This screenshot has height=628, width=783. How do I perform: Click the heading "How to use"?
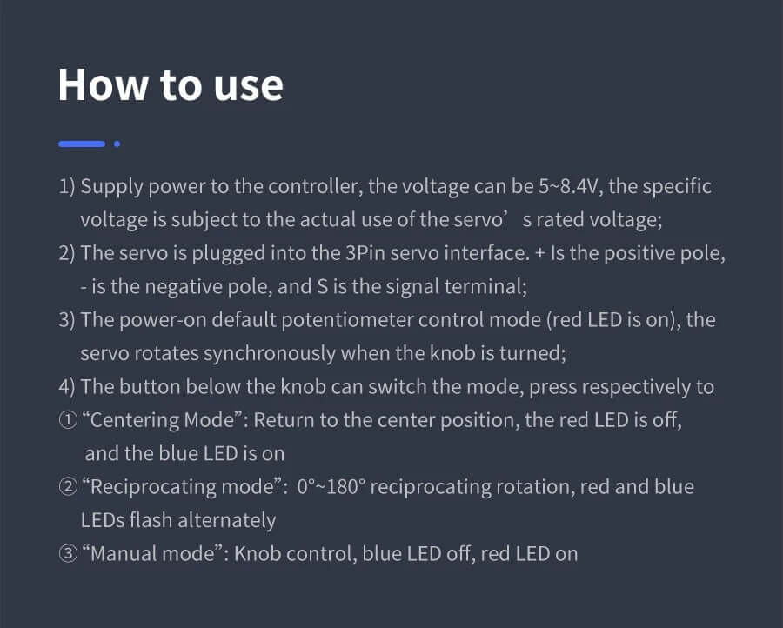[x=171, y=85]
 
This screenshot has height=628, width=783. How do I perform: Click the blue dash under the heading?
[x=82, y=144]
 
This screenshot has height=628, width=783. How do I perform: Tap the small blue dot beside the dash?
[x=117, y=144]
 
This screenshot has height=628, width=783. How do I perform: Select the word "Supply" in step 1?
[x=112, y=187]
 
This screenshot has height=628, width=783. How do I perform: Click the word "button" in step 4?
[x=150, y=387]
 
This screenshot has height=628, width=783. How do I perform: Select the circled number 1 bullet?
[x=68, y=420]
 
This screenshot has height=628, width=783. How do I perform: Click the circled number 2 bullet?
[x=68, y=487]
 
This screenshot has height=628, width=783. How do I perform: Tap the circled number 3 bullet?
[x=68, y=553]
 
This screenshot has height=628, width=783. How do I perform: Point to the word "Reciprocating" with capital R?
[x=153, y=488]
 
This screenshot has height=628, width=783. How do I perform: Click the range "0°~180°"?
[x=331, y=487]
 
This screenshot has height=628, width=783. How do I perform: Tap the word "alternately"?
[x=227, y=521]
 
